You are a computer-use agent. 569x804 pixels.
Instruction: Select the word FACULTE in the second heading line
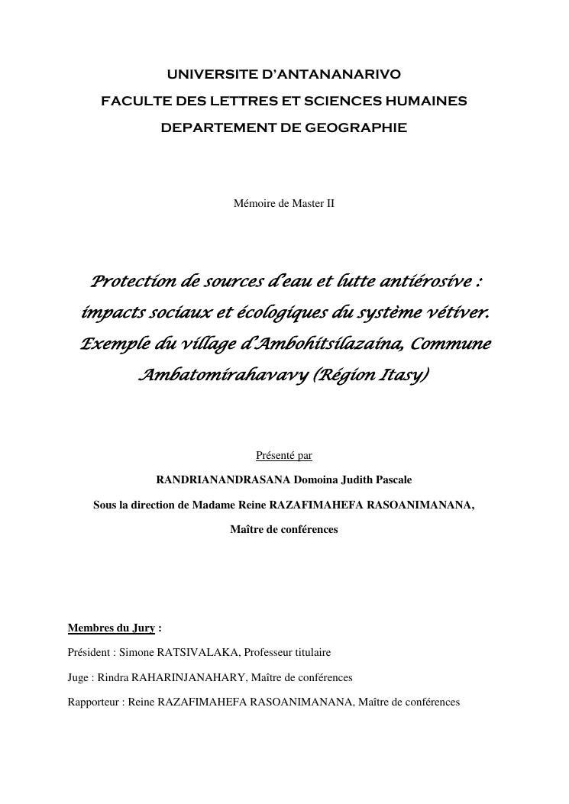(131, 101)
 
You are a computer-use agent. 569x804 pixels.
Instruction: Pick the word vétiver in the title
(455, 313)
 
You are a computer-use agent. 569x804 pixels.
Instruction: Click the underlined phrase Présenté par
(284, 456)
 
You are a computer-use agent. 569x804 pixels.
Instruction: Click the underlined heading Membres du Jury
(112, 628)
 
